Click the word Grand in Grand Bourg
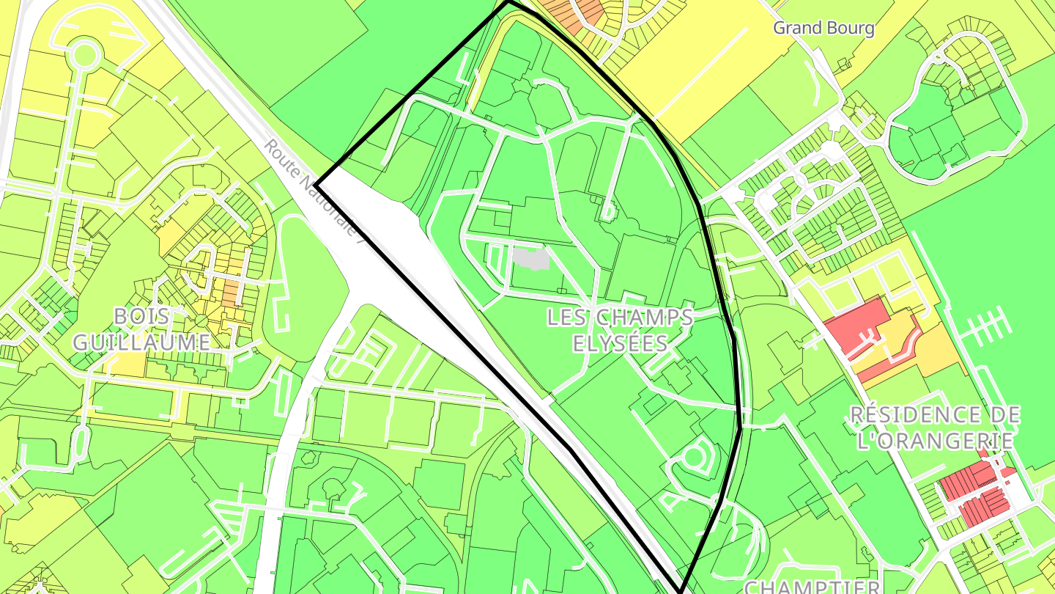pyautogui.click(x=796, y=29)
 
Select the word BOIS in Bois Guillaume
pyautogui.click(x=142, y=318)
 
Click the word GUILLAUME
pyautogui.click(x=142, y=342)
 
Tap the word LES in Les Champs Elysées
pyautogui.click(x=568, y=318)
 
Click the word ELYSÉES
pyautogui.click(x=620, y=343)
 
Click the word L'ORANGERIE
pyautogui.click(x=936, y=440)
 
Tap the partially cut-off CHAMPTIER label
pyautogui.click(x=812, y=587)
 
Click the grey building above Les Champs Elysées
pyautogui.click(x=530, y=259)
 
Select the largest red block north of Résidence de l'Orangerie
pyautogui.click(x=856, y=323)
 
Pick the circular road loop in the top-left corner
pyautogui.click(x=84, y=54)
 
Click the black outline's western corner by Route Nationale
pyautogui.click(x=316, y=186)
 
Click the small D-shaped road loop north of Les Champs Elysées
pyautogui.click(x=607, y=211)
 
